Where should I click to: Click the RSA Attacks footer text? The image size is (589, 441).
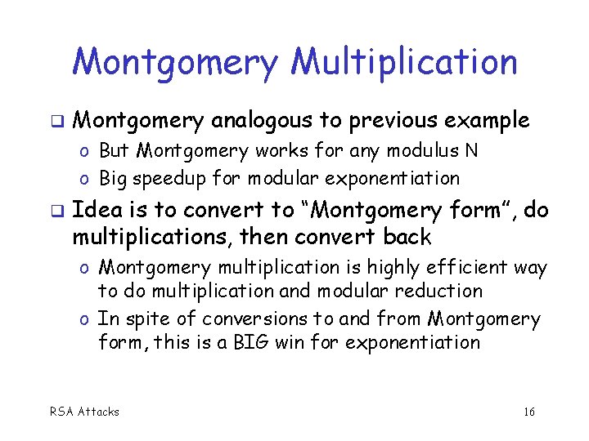coord(85,412)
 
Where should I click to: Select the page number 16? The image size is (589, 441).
coord(528,412)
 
